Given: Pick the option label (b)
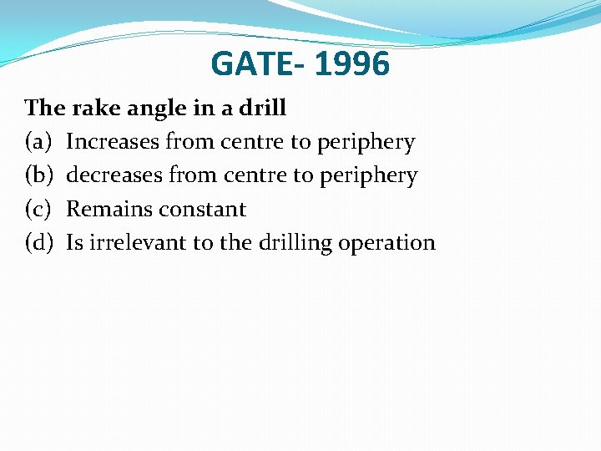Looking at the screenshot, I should click(39, 175).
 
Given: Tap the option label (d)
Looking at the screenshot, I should click(39, 242).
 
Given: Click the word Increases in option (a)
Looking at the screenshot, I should click(113, 142).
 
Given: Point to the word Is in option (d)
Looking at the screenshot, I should click(74, 242).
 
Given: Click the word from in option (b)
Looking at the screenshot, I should click(192, 175).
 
